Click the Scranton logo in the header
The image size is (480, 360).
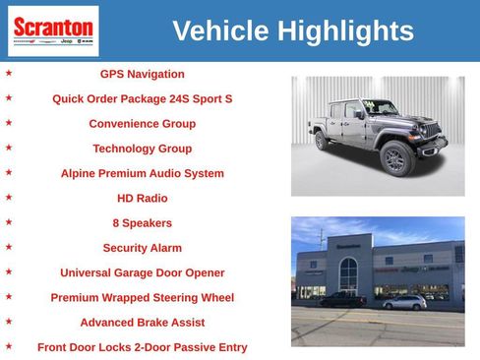(53, 30)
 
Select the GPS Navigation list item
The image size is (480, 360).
(142, 74)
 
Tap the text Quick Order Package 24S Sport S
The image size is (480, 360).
(142, 99)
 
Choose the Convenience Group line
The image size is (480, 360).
(142, 124)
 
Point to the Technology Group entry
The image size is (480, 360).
(142, 149)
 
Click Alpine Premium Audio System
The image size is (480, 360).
(142, 173)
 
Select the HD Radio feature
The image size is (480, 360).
(142, 198)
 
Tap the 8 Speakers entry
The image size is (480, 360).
(142, 223)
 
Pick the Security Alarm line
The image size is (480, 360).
(142, 248)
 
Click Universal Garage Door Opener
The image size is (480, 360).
(142, 272)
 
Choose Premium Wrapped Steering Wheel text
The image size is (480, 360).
(142, 297)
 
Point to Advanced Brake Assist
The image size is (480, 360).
(142, 322)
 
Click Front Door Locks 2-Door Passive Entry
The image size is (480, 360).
(142, 347)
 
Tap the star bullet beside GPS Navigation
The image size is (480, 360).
(9, 73)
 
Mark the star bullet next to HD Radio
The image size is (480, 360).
(9, 197)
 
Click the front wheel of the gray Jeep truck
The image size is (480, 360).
(396, 157)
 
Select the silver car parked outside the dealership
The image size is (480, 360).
(404, 302)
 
